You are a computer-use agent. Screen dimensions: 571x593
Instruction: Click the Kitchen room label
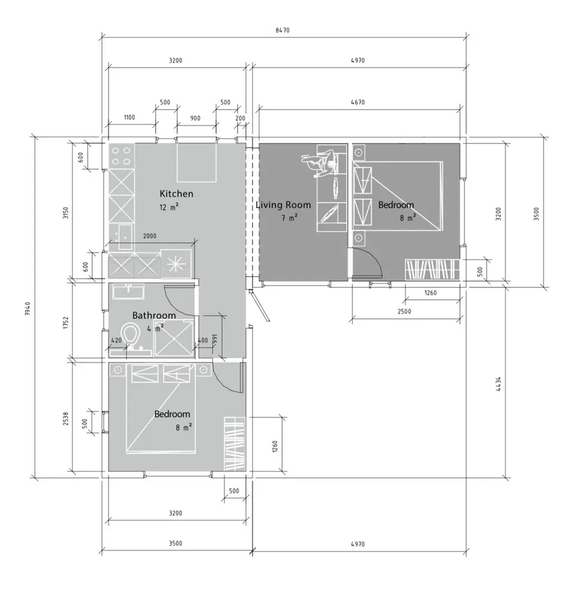(x=176, y=194)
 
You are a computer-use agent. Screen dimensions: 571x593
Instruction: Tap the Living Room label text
(x=283, y=205)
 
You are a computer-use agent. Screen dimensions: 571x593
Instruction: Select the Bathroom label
(x=154, y=315)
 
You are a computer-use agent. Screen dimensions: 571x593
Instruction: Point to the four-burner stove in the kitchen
(x=121, y=156)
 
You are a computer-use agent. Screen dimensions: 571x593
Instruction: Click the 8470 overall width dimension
(x=283, y=30)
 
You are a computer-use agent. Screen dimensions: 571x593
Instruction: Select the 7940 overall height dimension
(x=27, y=308)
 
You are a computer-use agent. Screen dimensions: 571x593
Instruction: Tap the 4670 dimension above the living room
(x=358, y=102)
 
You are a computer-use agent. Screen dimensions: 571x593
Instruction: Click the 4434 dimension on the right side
(x=499, y=384)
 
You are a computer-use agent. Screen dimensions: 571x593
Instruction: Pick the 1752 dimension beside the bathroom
(x=66, y=323)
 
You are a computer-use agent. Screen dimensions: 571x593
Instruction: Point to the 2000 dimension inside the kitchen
(x=150, y=236)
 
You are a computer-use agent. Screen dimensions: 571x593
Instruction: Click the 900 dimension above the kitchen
(x=195, y=119)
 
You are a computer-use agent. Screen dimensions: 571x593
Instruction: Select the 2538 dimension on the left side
(x=66, y=419)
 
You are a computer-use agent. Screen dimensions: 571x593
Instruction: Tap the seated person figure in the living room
(x=321, y=163)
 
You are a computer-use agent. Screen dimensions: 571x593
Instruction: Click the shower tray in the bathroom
(x=175, y=337)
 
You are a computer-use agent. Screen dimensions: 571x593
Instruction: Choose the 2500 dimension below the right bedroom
(x=404, y=312)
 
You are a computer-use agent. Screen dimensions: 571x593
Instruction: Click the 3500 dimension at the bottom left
(x=175, y=543)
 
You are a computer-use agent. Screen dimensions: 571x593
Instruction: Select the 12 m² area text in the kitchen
(x=169, y=207)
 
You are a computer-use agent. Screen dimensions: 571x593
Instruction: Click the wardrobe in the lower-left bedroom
(x=235, y=444)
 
